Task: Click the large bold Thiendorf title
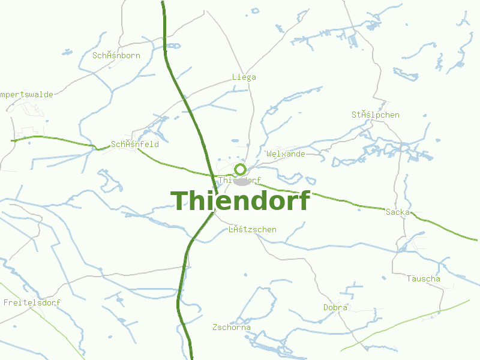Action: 240,200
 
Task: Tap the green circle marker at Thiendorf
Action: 241,169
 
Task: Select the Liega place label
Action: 244,77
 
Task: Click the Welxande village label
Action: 286,154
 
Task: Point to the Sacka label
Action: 398,212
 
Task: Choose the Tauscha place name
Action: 423,278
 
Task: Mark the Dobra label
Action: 335,307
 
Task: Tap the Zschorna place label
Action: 232,327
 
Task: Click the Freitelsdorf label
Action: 32,302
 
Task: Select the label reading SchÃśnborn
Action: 116,55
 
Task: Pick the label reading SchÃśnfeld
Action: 135,144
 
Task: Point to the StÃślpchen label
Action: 376,115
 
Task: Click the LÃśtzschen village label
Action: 253,229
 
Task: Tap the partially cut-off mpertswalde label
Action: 27,94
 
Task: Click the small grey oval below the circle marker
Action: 242,181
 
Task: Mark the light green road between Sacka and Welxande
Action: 336,199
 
